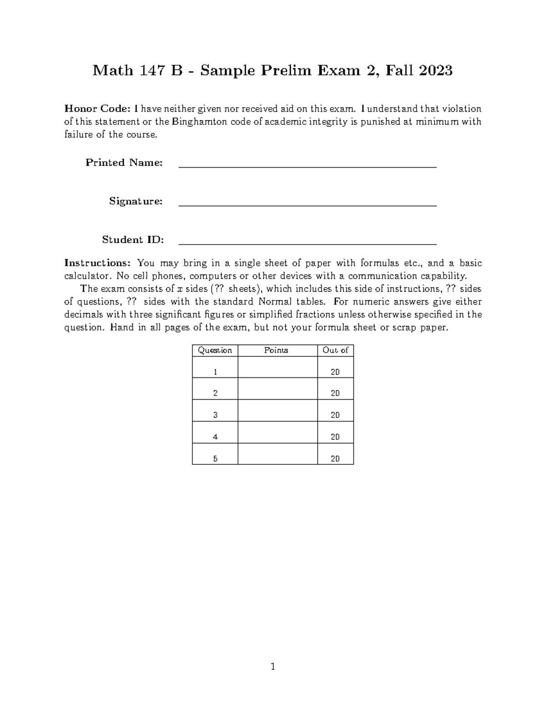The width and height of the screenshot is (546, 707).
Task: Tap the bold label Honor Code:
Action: [x=97, y=109]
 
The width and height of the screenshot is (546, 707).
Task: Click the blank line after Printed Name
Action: [x=308, y=167]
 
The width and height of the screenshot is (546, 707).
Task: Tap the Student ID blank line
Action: [x=308, y=244]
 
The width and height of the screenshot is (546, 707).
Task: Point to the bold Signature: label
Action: [x=136, y=201]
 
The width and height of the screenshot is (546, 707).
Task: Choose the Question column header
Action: [x=215, y=350]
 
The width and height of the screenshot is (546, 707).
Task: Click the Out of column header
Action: [x=335, y=350]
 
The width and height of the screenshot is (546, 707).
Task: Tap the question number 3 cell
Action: [x=215, y=415]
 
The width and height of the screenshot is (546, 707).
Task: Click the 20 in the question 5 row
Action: [x=335, y=459]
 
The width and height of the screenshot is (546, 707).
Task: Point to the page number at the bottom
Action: [x=273, y=667]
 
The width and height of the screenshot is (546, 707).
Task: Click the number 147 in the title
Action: [x=153, y=71]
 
